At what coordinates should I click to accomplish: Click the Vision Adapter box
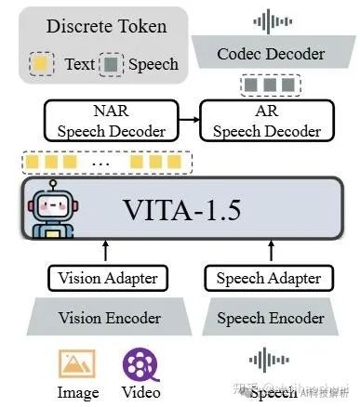click(108, 277)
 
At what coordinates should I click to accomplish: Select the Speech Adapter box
click(269, 277)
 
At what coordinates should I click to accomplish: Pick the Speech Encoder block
click(269, 317)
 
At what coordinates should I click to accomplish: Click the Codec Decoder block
click(271, 55)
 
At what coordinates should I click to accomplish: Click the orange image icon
click(77, 362)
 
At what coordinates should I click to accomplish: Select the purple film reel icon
click(140, 362)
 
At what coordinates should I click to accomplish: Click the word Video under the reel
click(140, 391)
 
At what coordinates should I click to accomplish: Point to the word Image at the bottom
click(78, 391)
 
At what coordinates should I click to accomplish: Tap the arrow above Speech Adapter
click(269, 251)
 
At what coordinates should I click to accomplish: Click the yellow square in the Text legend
click(40, 64)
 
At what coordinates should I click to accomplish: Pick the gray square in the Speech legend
click(113, 64)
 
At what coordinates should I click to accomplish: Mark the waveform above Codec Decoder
click(271, 20)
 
